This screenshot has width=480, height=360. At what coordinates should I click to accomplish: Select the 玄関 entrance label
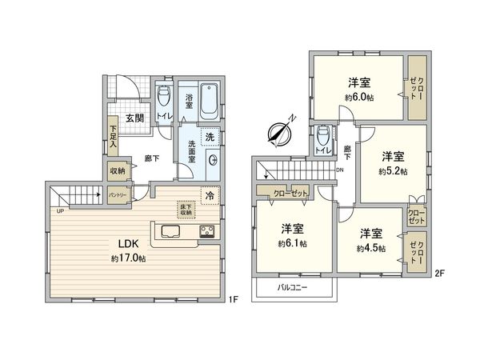tap(134, 118)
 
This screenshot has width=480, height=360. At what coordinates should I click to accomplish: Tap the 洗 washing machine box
tap(210, 138)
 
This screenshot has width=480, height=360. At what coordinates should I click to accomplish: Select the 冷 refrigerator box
tap(209, 194)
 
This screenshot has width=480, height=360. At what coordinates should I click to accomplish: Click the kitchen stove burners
tap(206, 233)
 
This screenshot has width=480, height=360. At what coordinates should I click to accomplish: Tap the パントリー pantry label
tap(117, 194)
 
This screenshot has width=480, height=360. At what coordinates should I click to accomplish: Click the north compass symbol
tap(282, 132)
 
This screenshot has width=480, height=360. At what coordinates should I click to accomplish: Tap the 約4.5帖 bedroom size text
tap(370, 248)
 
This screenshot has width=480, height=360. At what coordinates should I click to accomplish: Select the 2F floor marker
tap(438, 274)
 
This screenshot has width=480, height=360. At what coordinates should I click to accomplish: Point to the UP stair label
tap(61, 210)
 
